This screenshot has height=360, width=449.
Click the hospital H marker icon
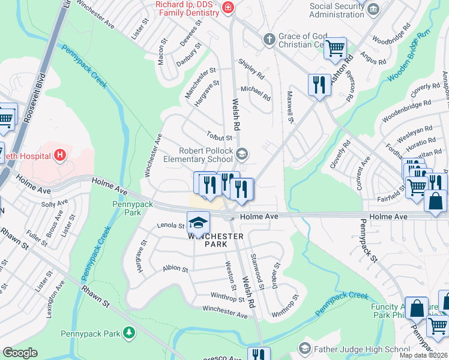tap(59, 156)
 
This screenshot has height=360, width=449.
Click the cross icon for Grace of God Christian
tap(270, 40)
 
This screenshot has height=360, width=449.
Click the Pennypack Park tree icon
tap(127, 332)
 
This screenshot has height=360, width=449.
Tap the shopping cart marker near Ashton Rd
tap(335, 48)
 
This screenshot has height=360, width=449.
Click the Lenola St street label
tap(171, 226)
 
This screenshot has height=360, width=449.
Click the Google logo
tap(20, 353)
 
